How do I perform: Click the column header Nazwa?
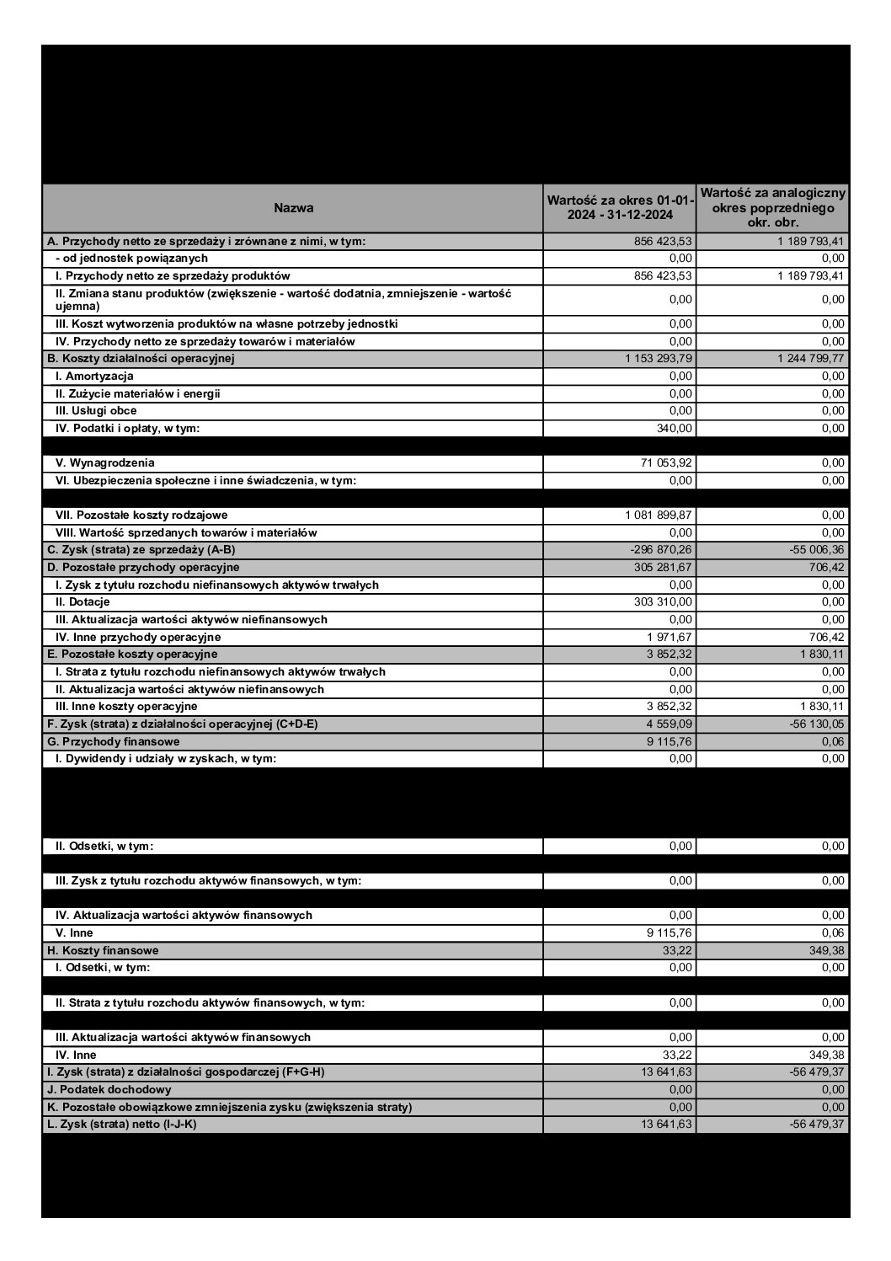(293, 208)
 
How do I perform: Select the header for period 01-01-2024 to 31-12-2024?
(620, 208)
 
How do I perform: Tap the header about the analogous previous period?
(772, 208)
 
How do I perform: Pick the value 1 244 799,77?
(811, 359)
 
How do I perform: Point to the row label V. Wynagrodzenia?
(105, 463)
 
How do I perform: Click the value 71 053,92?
(667, 463)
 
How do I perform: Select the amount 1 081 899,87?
(659, 516)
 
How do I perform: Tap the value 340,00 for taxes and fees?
(675, 429)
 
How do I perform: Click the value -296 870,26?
(662, 550)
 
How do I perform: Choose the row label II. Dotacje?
(83, 602)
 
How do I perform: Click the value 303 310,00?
(664, 602)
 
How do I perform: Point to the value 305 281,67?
(664, 568)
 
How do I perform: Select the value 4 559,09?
(670, 724)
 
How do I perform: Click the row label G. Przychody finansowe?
(113, 742)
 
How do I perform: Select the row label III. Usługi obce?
(96, 411)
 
